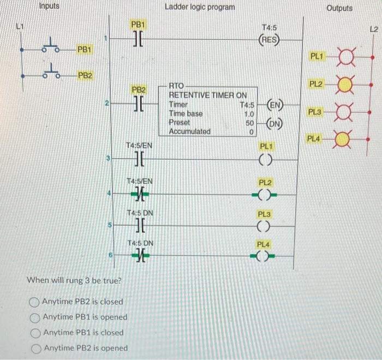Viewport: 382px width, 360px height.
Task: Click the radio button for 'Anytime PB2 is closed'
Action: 35,302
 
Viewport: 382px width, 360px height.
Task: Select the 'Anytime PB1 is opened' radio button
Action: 35,317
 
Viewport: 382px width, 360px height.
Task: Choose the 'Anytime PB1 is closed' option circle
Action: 35,333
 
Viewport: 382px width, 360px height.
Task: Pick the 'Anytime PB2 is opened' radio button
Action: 35,348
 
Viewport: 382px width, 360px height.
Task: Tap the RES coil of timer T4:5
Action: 270,39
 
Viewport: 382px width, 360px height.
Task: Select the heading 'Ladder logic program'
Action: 200,7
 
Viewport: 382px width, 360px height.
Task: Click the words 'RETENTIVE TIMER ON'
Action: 207,95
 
